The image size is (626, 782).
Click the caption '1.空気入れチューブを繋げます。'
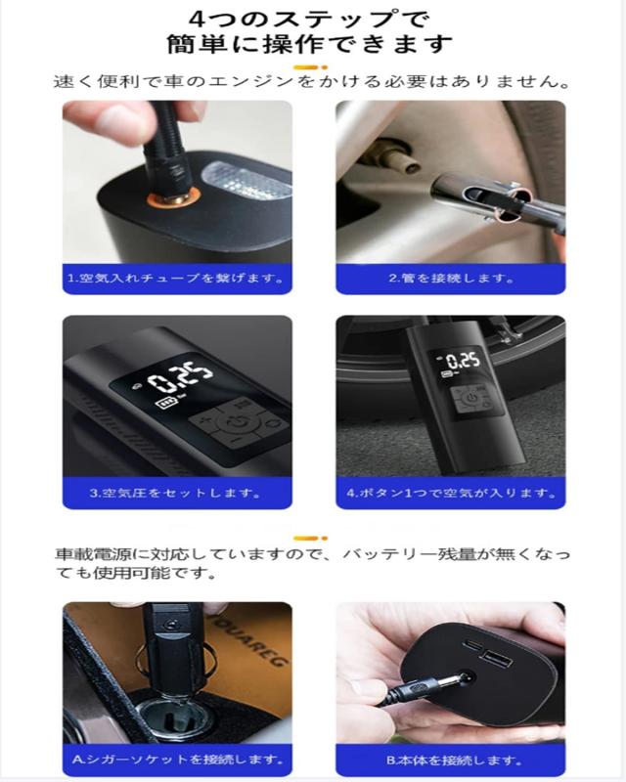point(176,278)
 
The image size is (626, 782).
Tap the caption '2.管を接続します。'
point(451,278)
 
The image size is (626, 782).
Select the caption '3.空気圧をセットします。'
point(176,493)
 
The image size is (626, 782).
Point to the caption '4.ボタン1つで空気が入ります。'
point(452,493)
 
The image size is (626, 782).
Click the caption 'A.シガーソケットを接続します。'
point(178,760)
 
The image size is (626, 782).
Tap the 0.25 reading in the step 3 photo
point(180,379)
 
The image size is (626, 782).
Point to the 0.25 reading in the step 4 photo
point(463,361)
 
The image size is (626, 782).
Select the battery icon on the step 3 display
point(166,402)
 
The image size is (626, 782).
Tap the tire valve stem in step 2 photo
point(394,155)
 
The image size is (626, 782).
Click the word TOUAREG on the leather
point(248,641)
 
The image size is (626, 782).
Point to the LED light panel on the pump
point(246,181)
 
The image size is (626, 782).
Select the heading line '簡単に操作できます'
point(309,44)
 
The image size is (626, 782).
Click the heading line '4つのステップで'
point(309,19)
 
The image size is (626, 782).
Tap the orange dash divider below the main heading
point(310,66)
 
